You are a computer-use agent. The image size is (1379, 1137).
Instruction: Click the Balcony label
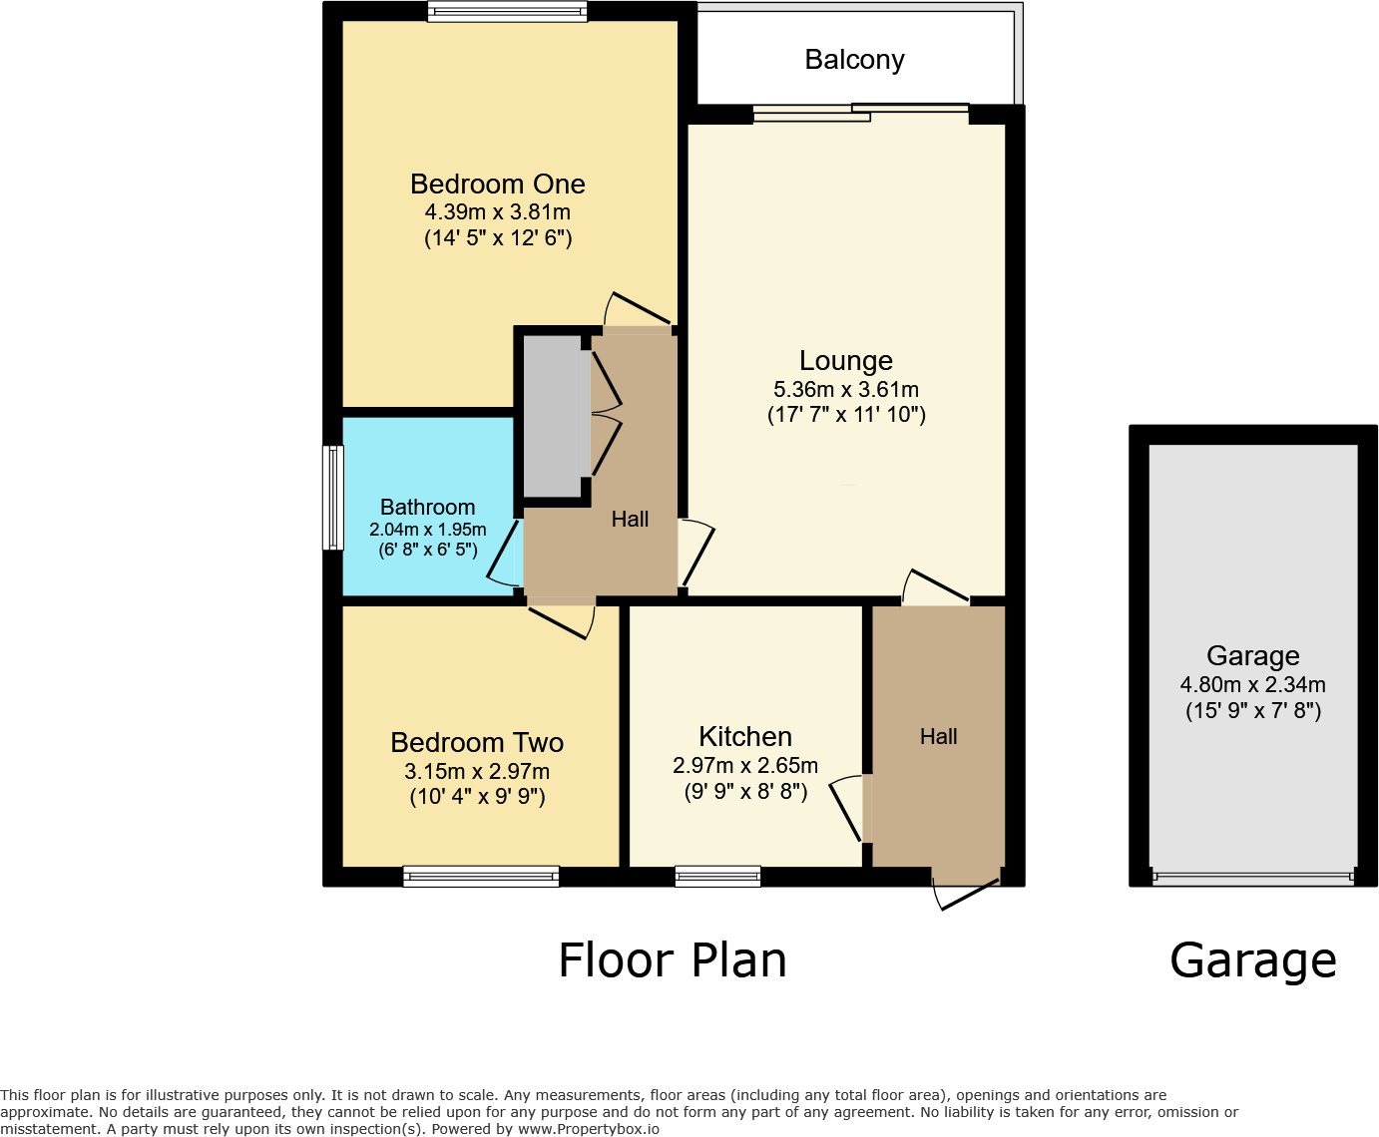tap(854, 60)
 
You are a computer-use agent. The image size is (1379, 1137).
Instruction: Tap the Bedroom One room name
tap(497, 185)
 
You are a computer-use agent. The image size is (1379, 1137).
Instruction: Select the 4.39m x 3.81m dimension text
tap(497, 211)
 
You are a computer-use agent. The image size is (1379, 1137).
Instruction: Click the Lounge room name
tap(846, 361)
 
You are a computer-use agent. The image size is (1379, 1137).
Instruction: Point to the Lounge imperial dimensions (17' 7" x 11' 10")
tap(846, 415)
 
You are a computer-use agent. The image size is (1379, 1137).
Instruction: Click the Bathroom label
tap(427, 507)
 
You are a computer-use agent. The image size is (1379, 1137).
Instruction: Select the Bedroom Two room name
tap(477, 743)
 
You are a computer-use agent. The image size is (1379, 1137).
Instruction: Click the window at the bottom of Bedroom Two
tap(481, 877)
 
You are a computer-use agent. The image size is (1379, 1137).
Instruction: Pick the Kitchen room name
tap(745, 737)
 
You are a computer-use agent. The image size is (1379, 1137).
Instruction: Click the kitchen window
tap(717, 877)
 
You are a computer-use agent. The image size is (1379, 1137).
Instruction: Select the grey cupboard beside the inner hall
tap(552, 415)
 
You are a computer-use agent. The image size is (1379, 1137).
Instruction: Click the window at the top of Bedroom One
tap(507, 12)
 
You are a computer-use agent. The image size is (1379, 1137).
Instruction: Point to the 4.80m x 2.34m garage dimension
tap(1252, 685)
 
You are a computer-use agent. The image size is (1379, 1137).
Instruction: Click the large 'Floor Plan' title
tap(672, 960)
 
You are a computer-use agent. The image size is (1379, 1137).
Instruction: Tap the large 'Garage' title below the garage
tap(1252, 960)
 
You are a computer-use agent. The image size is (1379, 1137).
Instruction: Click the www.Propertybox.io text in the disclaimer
tap(588, 1129)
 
